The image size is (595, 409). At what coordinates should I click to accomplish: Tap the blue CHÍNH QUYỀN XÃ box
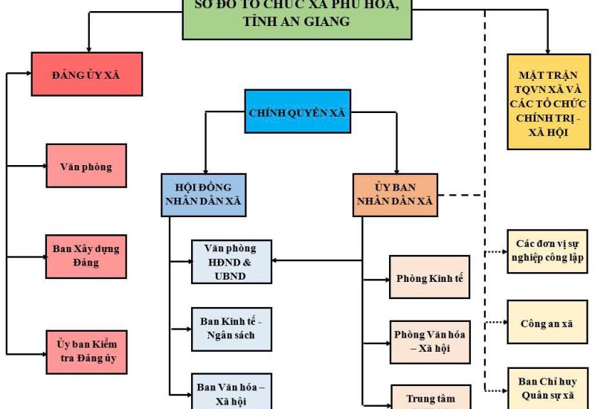click(x=296, y=113)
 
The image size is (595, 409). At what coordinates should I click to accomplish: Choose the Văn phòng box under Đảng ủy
click(x=86, y=167)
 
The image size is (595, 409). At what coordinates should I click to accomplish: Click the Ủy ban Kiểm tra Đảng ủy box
click(x=86, y=352)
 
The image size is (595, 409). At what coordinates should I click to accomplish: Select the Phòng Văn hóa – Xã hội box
click(x=430, y=341)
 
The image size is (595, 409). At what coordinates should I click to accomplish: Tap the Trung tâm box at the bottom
click(x=430, y=396)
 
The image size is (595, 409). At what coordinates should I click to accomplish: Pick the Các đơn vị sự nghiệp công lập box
click(x=549, y=251)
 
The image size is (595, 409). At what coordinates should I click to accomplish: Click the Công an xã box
click(x=549, y=323)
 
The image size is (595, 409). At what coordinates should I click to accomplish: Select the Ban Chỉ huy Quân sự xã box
click(x=549, y=387)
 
